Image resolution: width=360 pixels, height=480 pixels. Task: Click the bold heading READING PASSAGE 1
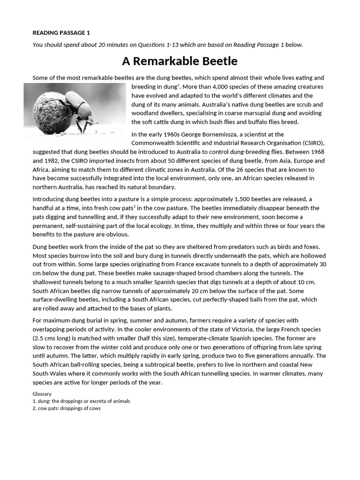(60, 33)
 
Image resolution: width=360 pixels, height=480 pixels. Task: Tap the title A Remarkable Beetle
(180, 61)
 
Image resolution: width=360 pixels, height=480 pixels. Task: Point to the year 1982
(53, 161)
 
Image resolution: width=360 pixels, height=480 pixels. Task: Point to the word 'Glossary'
(42, 394)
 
